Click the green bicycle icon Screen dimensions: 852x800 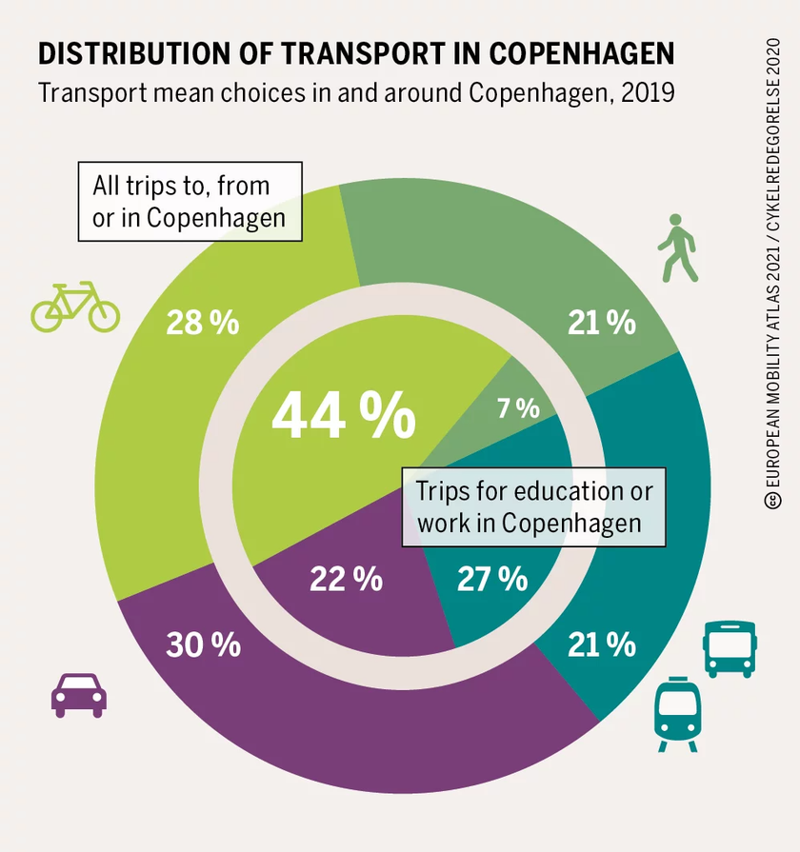[75, 307]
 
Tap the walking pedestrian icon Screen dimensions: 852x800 [677, 248]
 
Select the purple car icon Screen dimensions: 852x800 [78, 695]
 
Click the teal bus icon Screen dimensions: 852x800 [729, 648]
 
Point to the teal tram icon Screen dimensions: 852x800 [678, 715]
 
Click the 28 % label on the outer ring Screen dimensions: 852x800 [202, 323]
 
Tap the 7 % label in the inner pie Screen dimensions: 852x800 [518, 408]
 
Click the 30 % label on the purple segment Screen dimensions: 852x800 [203, 644]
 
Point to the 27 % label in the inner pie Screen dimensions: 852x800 [491, 578]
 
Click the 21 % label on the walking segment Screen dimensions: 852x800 [602, 323]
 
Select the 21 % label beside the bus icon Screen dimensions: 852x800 [602, 644]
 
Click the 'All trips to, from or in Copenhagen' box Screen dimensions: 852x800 [190, 201]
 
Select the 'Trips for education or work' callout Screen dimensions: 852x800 [533, 506]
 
